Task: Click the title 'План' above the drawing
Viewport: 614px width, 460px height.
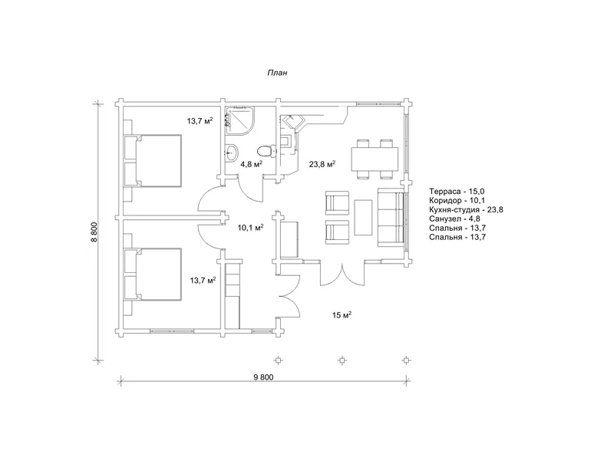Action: pos(277,73)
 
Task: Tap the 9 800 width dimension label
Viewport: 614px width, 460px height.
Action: pos(263,377)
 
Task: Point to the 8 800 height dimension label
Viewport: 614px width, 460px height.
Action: pos(94,232)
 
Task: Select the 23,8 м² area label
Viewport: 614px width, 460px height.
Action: pos(322,164)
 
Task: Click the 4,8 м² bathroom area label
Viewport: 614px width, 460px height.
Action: pos(251,164)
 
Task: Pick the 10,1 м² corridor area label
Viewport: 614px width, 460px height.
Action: pos(251,228)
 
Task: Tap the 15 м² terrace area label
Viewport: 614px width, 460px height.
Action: pos(342,315)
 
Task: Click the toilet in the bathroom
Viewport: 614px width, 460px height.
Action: pos(267,150)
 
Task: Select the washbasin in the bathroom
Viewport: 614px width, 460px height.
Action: pos(231,152)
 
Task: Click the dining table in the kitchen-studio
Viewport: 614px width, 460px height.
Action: pos(375,159)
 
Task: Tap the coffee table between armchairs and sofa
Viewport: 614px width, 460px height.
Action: pos(363,217)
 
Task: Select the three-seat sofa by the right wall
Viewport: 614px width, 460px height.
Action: pos(391,217)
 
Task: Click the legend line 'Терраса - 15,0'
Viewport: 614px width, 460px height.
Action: pos(457,191)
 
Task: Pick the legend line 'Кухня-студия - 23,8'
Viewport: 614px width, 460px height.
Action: pos(466,209)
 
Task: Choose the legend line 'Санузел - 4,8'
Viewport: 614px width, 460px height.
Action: pos(454,219)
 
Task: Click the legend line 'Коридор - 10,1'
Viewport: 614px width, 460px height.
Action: pos(457,201)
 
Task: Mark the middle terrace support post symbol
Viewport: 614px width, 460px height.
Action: pos(342,360)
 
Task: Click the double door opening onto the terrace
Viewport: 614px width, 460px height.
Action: pos(342,274)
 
